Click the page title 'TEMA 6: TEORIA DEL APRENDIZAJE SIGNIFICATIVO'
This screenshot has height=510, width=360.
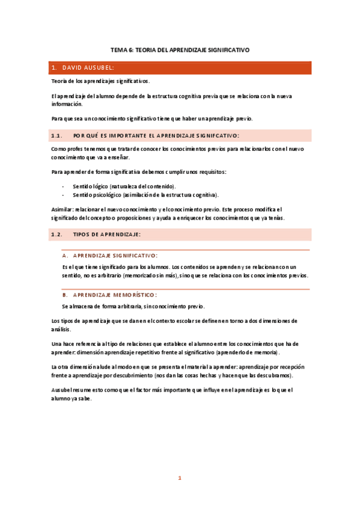click(x=180, y=51)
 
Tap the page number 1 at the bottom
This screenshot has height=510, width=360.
click(x=179, y=478)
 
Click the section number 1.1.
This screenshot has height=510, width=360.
click(x=57, y=135)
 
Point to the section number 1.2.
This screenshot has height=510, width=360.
click(x=57, y=233)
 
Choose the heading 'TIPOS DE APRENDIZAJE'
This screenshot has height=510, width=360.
click(x=106, y=233)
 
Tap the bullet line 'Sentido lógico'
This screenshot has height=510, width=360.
click(x=123, y=186)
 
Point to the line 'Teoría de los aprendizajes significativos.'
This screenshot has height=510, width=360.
click(x=100, y=81)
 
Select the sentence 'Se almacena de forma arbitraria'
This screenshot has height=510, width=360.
click(x=133, y=306)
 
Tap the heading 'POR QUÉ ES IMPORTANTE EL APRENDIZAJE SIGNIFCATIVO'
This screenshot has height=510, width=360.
click(x=156, y=135)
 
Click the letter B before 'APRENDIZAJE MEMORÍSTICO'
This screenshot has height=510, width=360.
click(x=65, y=295)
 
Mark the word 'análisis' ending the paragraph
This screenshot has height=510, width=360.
click(x=61, y=329)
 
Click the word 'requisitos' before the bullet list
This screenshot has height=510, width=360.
click(x=212, y=172)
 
